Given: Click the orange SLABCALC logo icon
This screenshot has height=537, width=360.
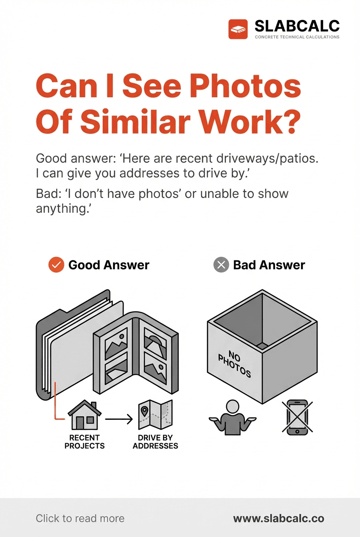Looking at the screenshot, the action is (x=238, y=29).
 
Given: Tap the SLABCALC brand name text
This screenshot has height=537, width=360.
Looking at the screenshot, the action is (x=297, y=26).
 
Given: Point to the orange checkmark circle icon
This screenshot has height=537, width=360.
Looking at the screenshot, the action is (x=56, y=265).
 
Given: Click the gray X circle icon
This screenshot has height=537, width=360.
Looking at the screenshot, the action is (x=221, y=265).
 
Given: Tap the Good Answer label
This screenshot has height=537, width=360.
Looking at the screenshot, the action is (x=109, y=265).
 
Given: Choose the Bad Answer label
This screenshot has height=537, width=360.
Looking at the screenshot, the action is (x=269, y=265).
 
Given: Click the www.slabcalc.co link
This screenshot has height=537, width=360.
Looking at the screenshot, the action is (x=279, y=519).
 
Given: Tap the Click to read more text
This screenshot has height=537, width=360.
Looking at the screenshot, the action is (x=80, y=519).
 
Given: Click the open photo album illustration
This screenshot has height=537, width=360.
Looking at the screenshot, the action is (x=136, y=353).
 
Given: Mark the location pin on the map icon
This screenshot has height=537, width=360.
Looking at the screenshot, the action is (x=144, y=412).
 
